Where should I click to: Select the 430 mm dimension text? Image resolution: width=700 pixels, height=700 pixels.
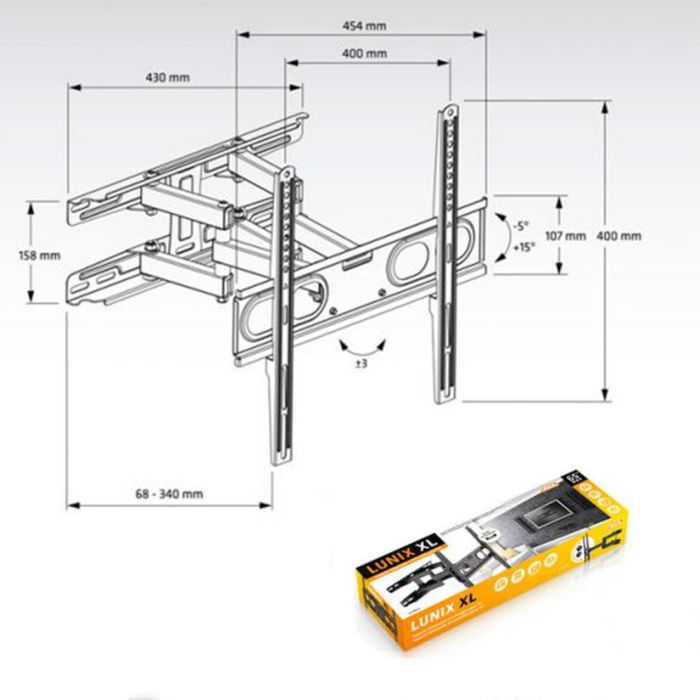click(x=167, y=77)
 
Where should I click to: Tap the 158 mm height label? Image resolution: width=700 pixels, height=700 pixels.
click(x=40, y=255)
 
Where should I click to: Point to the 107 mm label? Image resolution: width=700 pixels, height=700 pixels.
click(x=567, y=237)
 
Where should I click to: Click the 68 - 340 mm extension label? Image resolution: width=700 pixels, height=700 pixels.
click(x=169, y=493)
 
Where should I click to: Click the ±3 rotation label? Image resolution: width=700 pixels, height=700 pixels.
click(x=361, y=363)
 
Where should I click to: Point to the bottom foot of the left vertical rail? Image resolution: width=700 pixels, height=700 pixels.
click(x=279, y=460)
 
